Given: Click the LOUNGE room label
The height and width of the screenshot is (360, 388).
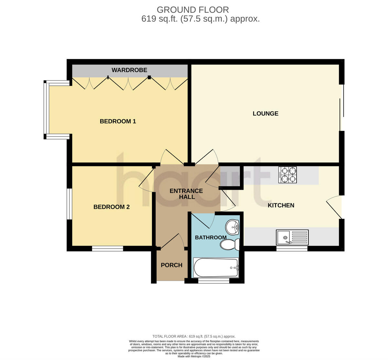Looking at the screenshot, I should (265, 113).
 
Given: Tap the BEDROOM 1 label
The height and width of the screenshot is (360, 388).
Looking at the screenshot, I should (118, 122).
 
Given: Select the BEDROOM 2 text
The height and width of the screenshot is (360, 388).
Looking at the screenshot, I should (112, 207).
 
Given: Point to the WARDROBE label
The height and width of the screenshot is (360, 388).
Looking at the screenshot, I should (129, 70).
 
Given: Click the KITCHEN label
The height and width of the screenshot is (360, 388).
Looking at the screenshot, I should (281, 205).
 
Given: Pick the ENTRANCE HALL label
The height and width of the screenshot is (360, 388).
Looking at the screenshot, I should (186, 194).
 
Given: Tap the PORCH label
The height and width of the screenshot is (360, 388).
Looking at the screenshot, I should (172, 265).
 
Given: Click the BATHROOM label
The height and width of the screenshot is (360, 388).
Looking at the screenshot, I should (210, 238).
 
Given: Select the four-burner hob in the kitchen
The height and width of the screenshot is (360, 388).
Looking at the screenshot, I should (288, 175).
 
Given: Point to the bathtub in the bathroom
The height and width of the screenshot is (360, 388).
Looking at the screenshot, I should (216, 267).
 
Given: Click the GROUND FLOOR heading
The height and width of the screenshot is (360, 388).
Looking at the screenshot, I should (193, 10).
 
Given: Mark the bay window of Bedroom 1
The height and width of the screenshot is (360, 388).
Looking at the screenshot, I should (47, 110).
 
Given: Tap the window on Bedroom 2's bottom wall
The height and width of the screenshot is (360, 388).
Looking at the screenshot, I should (107, 249).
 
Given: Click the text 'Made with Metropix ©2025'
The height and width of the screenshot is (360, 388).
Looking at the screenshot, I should (194, 356).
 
